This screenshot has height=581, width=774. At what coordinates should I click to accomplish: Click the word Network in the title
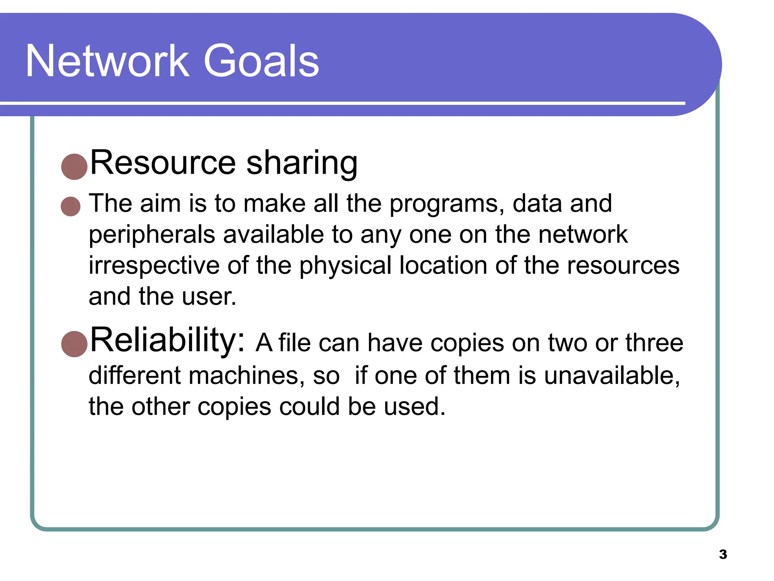point(107,61)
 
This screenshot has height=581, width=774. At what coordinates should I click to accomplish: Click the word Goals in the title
point(261,61)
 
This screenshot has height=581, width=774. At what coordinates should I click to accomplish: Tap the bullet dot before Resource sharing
point(74,166)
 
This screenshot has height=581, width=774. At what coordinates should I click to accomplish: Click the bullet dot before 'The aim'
point(71,207)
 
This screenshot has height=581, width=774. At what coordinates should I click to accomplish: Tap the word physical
point(345,266)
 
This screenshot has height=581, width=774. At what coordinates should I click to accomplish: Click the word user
point(209,297)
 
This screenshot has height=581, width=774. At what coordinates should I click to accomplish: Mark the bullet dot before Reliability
point(74,344)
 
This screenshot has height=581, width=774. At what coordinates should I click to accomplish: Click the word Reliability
point(167,340)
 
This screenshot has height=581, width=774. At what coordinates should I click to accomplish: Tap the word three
point(654,343)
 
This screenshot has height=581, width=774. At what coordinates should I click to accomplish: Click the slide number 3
point(723,555)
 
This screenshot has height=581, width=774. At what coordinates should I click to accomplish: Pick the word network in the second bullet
point(583,235)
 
